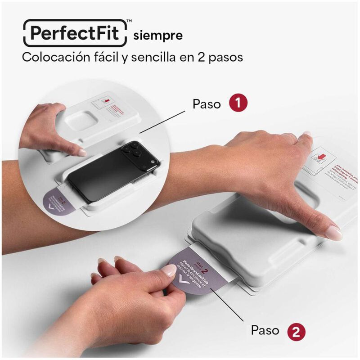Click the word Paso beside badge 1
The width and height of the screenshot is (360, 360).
(x=207, y=104)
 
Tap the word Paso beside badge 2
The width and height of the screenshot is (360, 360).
(x=265, y=331)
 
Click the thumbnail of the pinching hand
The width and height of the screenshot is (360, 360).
(x=169, y=270)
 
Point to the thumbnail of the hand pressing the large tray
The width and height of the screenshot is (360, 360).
(x=333, y=233)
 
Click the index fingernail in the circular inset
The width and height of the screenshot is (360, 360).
(x=82, y=153)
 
